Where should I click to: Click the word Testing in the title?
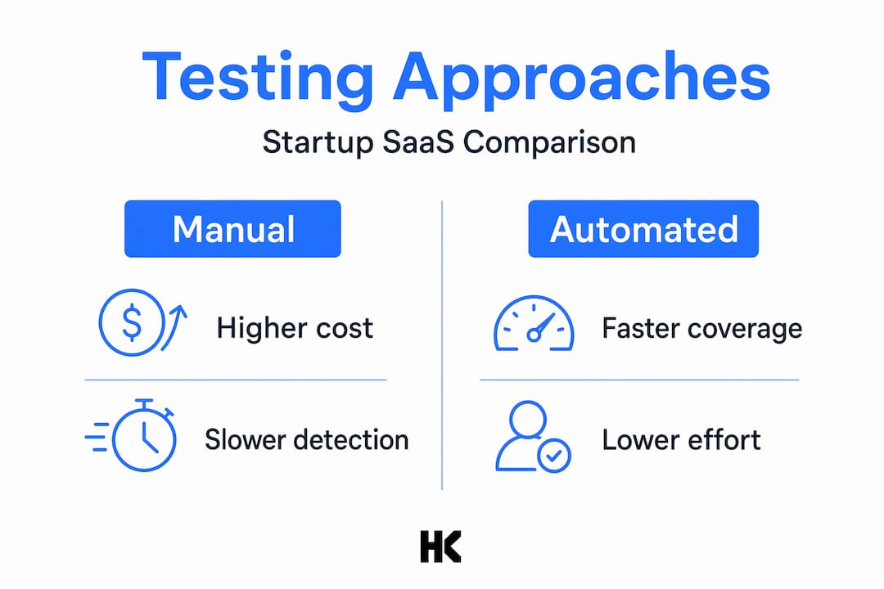258,78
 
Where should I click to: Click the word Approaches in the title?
582,78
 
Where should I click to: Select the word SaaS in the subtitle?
417,142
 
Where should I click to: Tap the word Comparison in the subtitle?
550,142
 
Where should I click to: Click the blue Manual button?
232,229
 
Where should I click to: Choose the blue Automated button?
643,229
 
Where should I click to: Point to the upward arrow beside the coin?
175,327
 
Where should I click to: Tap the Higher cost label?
295,328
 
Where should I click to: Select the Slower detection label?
307,439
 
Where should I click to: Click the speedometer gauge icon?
534,323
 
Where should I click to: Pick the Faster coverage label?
702,329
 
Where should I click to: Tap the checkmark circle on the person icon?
554,456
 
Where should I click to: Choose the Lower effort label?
682,439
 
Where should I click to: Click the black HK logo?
441,546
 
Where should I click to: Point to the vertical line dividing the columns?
442,345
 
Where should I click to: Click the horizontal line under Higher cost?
236,380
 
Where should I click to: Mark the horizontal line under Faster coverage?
639,380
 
